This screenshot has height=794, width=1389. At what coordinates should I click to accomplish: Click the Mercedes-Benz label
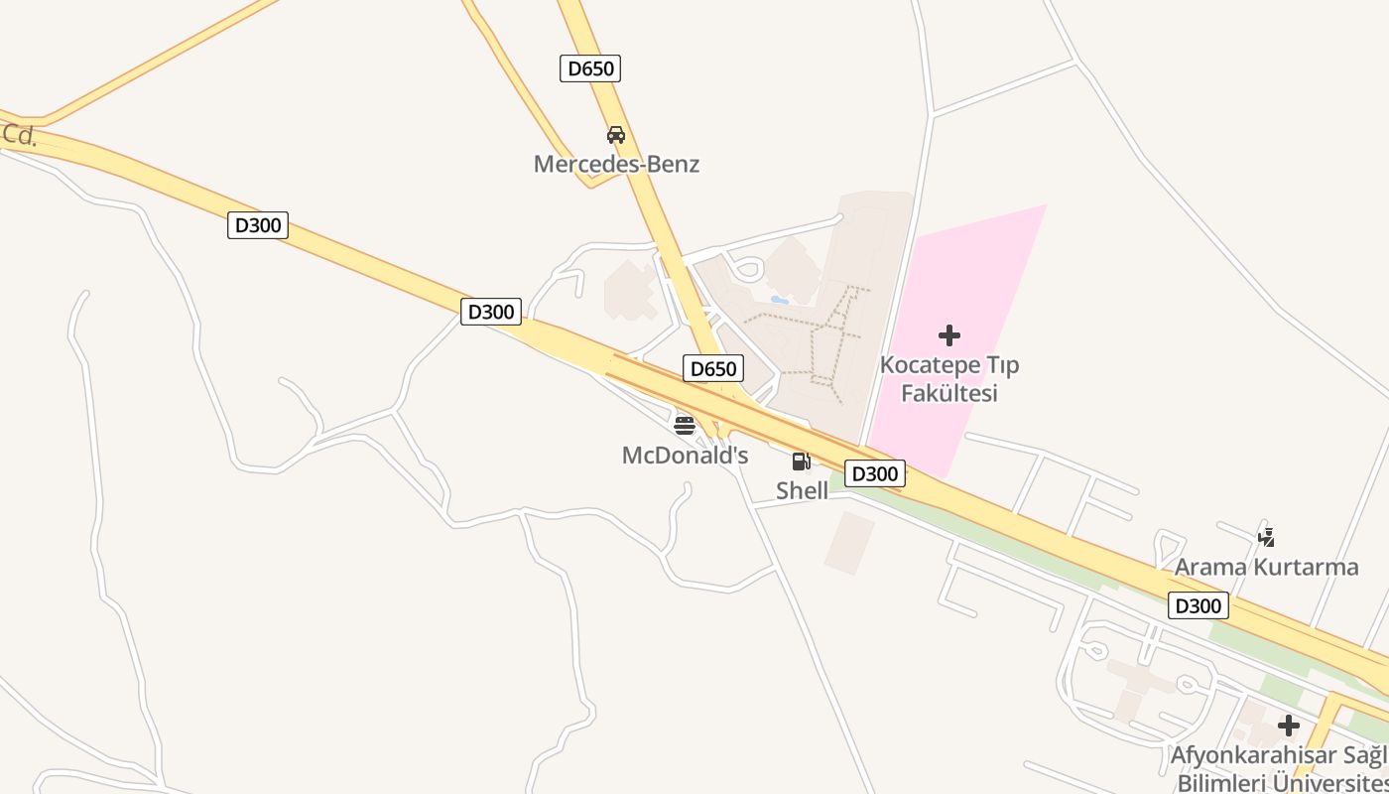[x=616, y=164]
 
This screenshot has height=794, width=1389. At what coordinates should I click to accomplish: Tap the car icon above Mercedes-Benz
[x=616, y=135]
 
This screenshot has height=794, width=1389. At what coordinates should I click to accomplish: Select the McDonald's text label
[x=685, y=456]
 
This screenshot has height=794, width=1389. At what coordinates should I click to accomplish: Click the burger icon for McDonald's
[x=685, y=426]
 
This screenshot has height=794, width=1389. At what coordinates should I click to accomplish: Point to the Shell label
[x=802, y=490]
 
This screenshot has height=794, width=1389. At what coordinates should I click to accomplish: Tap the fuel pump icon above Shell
[x=801, y=461]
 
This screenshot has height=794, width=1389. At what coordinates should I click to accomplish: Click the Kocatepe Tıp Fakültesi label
[x=948, y=379]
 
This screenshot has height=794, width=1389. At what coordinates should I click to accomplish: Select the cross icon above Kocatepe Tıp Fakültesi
[x=949, y=335]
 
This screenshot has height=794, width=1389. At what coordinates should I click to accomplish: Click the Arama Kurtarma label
[x=1266, y=568]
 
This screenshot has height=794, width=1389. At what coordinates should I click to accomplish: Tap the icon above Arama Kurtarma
[x=1266, y=538]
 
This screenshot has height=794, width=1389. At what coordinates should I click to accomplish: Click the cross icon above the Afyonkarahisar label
[x=1289, y=726]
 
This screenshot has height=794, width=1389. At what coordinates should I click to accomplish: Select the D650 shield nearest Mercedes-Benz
[x=590, y=68]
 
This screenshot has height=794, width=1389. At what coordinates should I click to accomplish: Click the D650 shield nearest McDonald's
[x=713, y=369]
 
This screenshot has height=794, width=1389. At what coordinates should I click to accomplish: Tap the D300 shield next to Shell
[x=874, y=473]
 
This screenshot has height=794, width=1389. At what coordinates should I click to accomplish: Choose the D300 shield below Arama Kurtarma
[x=1199, y=605]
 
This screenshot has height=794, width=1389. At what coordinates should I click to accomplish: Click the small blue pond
[x=780, y=299]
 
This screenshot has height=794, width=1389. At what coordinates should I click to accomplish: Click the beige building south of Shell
[x=849, y=542]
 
